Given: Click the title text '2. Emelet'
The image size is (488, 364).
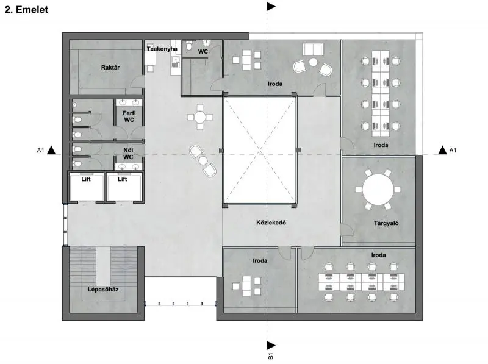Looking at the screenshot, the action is (26, 9).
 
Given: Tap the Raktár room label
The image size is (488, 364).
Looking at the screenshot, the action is (110, 67).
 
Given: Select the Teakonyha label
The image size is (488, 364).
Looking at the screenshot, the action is (162, 49).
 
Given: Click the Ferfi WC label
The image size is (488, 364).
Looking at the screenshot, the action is (129, 116).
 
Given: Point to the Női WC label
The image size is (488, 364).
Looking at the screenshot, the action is (128, 154).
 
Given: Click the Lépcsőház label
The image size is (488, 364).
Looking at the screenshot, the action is (103, 290).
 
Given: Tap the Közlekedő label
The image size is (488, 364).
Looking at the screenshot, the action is (271, 223).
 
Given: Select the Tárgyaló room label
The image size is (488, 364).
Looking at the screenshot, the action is (386, 223).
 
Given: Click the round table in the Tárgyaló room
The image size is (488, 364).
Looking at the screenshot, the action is (378, 189).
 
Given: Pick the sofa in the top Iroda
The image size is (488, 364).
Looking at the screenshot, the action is (313, 49).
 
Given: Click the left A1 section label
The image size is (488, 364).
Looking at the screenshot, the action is (40, 151).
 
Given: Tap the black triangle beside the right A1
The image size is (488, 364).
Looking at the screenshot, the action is (443, 150).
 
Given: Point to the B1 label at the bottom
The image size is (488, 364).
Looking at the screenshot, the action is (271, 356).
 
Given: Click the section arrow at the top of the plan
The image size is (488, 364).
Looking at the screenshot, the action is (271, 6).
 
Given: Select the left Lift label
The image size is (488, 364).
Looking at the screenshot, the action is (86, 179).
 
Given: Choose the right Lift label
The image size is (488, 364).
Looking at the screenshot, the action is (123, 179).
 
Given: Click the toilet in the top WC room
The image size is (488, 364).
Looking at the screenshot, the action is (189, 47).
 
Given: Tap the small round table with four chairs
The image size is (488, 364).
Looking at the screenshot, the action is (200, 117).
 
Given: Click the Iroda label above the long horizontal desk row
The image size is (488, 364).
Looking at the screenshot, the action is (378, 255).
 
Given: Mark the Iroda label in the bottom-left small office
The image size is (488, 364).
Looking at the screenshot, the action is (260, 261).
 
